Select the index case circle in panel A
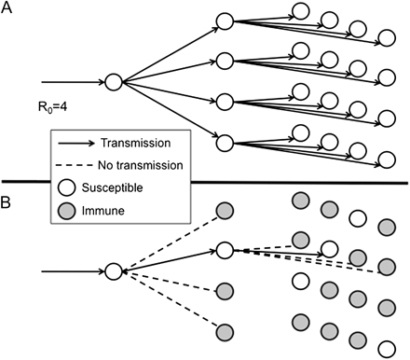click(x=113, y=82)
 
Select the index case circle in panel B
click(x=113, y=271)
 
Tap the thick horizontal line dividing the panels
click(x=205, y=180)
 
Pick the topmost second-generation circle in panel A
click(x=223, y=20)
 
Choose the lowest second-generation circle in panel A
click(x=223, y=144)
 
